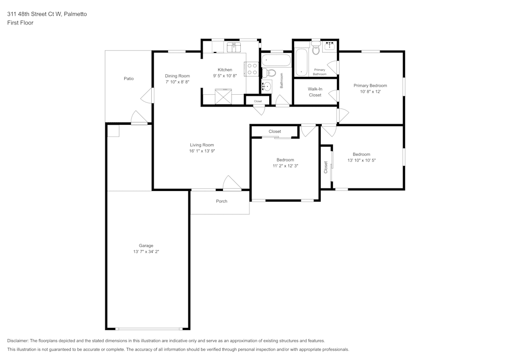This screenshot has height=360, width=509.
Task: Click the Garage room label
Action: (146, 245)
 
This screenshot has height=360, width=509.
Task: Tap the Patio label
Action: (129, 78)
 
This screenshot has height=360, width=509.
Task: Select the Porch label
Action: (221, 201)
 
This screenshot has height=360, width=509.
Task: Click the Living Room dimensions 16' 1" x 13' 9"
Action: (202, 151)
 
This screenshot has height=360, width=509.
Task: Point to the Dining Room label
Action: (177, 76)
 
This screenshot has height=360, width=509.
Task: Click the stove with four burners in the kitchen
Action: (251, 69)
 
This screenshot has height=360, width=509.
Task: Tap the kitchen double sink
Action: (234, 48)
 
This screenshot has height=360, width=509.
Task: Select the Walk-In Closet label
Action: (315, 92)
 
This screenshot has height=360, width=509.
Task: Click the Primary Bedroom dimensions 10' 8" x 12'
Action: (370, 92)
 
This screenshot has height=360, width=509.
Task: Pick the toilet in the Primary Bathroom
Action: (316, 49)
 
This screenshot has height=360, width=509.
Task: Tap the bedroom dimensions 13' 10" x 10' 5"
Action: (361, 160)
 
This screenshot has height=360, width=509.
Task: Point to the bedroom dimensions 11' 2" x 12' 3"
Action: (285, 165)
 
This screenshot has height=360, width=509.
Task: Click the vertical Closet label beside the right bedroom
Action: (326, 168)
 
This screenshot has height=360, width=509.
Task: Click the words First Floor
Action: (20, 23)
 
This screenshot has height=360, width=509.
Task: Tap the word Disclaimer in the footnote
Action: (18, 341)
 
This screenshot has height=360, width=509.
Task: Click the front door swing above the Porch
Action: (232, 183)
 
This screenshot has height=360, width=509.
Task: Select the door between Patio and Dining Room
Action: (147, 95)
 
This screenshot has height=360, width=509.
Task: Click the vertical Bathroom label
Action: (281, 81)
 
